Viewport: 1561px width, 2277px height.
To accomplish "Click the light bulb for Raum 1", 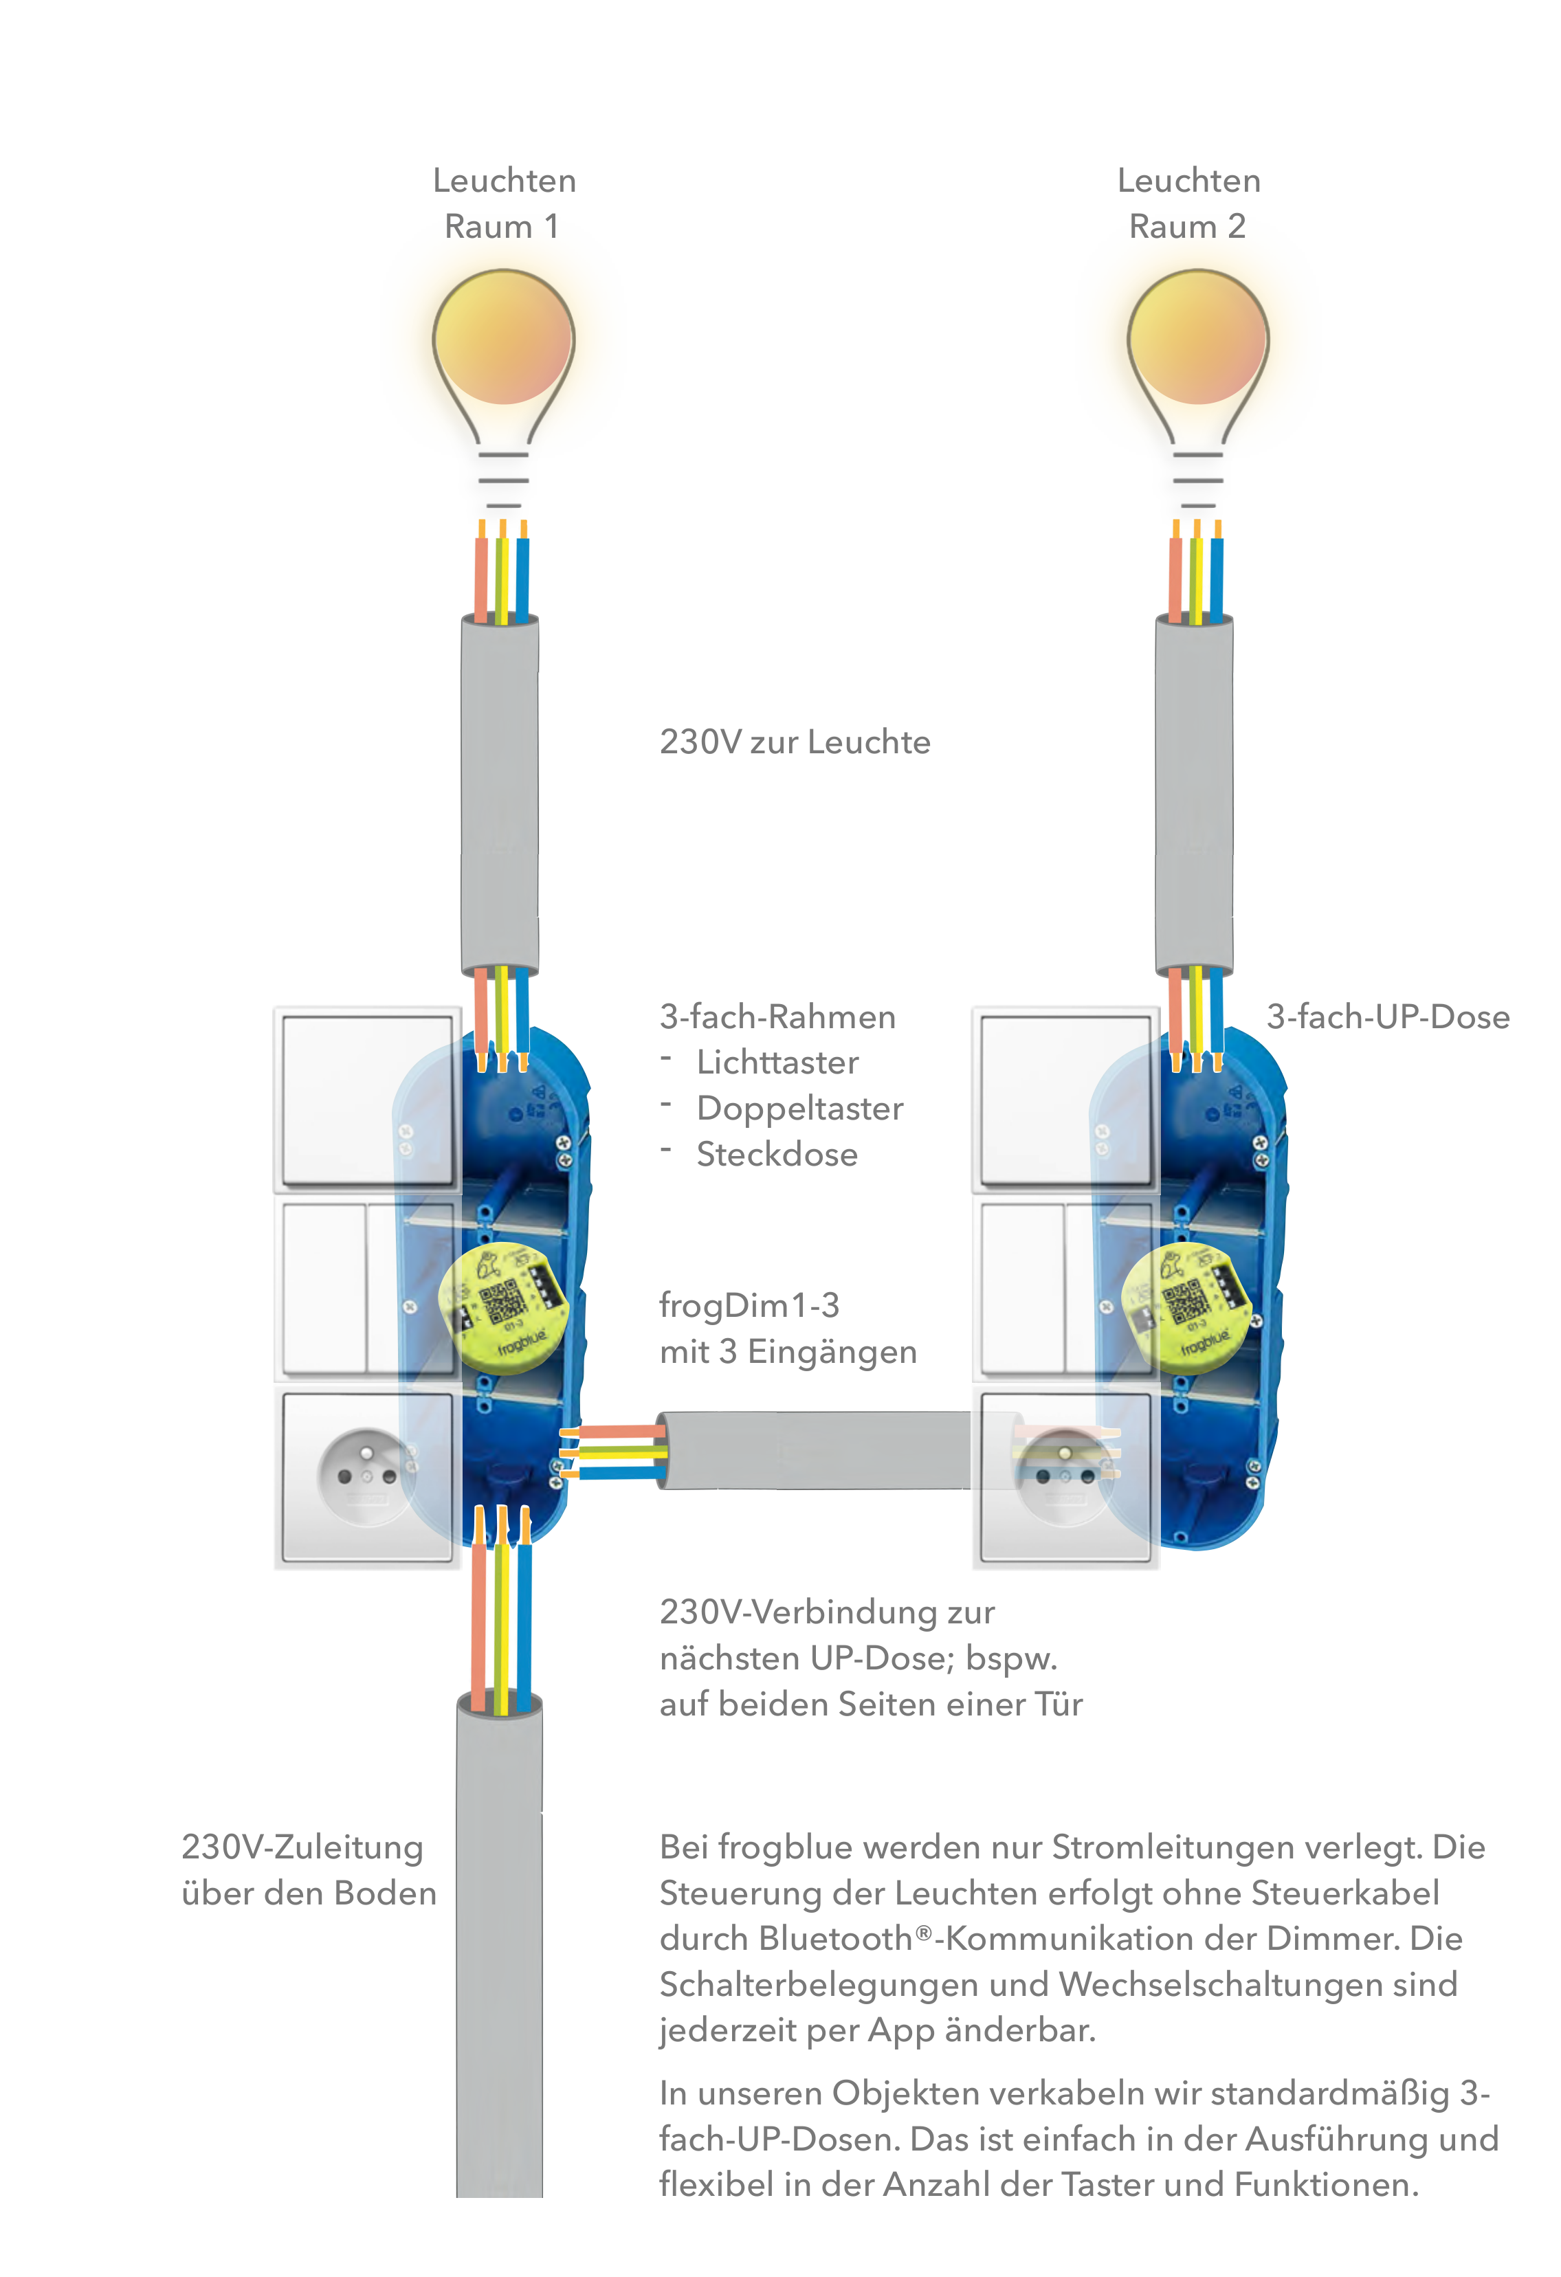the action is [504, 387].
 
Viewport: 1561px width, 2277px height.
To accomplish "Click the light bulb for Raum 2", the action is [1197, 387].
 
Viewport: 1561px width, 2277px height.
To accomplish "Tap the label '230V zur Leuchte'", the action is [795, 743].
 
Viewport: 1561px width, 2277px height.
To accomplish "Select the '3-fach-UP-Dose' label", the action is [1388, 1017].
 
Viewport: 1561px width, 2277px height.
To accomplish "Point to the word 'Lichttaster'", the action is [777, 1063].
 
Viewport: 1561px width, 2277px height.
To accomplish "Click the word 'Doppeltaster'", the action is [799, 1109].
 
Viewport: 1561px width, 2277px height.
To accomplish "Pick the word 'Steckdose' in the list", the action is [777, 1155].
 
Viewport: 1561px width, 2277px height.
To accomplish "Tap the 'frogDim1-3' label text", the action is [750, 1306].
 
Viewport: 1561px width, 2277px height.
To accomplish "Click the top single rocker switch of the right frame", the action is [1065, 1099].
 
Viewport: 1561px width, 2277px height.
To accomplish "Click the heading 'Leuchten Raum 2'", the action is [1188, 204].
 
